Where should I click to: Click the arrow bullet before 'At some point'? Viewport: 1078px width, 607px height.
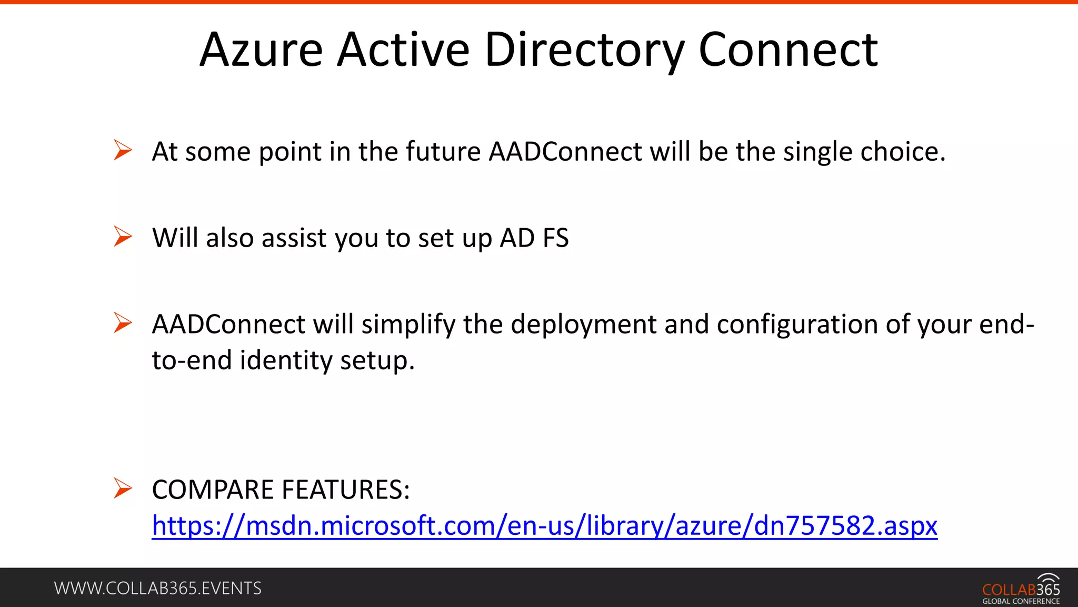click(x=123, y=150)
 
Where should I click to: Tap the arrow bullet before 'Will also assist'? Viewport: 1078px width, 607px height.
click(x=123, y=237)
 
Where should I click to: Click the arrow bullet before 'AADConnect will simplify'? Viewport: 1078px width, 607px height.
click(x=123, y=323)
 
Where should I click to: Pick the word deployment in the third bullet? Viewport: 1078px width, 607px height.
click(x=583, y=325)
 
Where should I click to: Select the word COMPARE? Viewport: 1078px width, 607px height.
click(x=213, y=489)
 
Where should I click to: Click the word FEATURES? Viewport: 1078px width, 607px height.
click(x=345, y=489)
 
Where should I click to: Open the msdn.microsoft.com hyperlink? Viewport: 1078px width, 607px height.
click(x=544, y=526)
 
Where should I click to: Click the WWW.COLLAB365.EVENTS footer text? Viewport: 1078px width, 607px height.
click(x=157, y=588)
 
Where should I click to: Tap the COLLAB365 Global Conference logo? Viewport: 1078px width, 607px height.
click(x=1021, y=589)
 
